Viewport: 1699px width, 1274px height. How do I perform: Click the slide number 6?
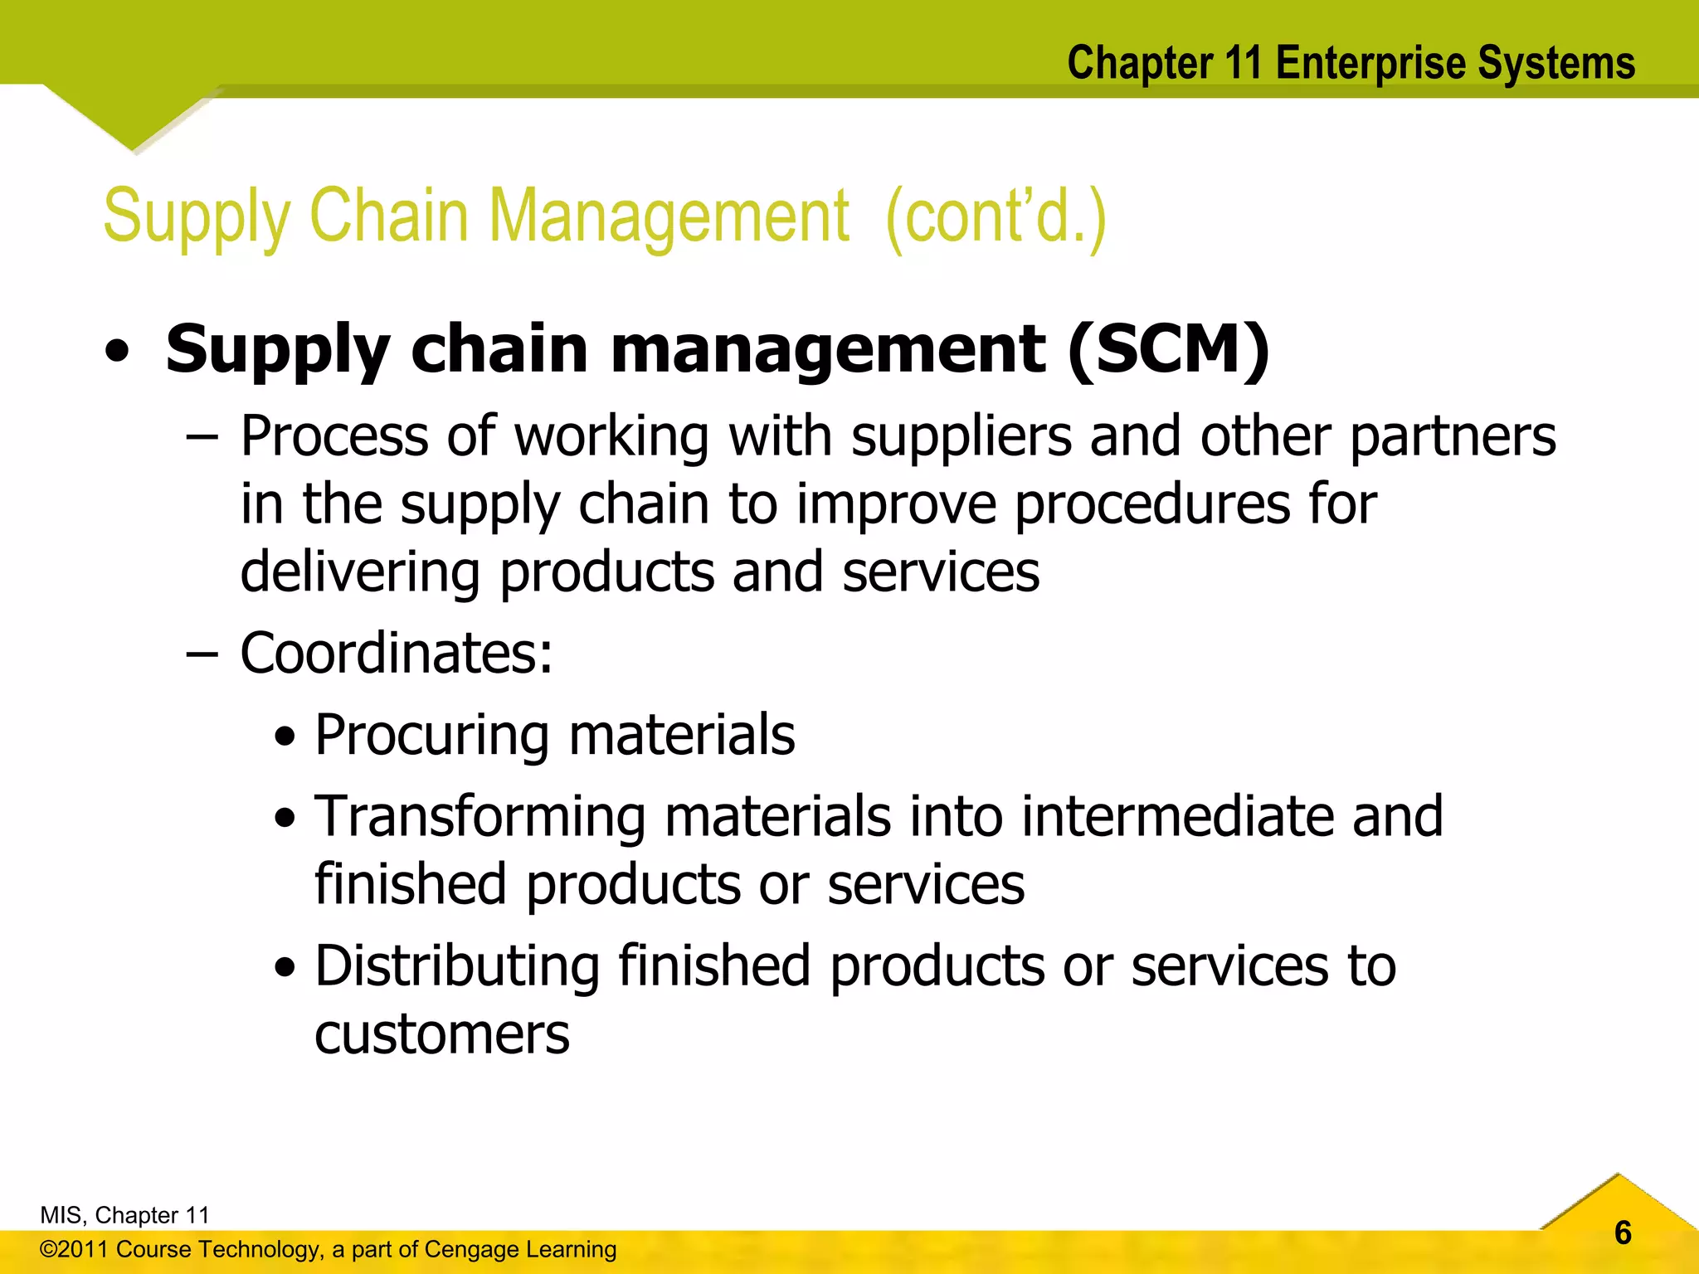1623,1233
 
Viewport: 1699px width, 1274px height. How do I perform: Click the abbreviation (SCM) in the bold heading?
1168,349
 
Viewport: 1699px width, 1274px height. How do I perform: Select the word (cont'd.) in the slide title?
996,217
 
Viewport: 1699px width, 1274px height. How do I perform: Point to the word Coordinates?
397,654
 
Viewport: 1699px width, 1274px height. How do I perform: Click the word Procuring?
432,736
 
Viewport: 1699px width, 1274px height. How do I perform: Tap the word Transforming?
480,818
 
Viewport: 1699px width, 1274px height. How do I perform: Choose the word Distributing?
457,966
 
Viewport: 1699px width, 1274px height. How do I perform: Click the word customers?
442,1034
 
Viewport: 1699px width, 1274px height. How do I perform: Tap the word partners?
1453,436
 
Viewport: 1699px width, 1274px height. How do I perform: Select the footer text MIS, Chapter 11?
124,1215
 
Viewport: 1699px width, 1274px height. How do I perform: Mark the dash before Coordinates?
202,654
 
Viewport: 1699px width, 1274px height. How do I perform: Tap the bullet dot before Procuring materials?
285,737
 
